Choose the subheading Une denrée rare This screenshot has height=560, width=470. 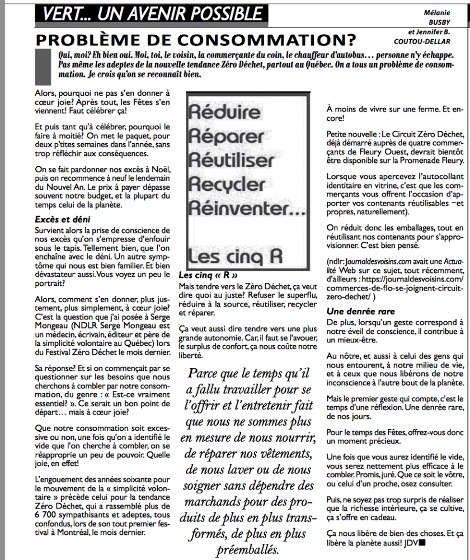[x=360, y=311]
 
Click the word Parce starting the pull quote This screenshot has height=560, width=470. [x=203, y=373]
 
